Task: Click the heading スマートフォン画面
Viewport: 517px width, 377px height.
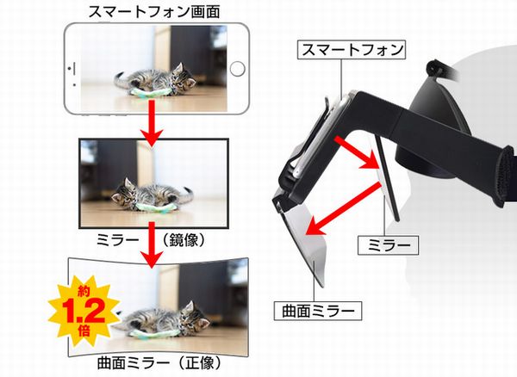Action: point(154,12)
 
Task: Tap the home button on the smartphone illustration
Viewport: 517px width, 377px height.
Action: point(237,69)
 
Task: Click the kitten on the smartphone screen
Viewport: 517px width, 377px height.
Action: point(155,81)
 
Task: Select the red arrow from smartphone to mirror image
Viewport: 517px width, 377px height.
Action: point(152,123)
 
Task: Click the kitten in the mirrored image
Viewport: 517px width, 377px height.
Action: point(153,195)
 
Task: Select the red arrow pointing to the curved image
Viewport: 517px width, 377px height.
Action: point(152,244)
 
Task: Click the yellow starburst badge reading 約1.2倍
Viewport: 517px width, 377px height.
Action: point(84,312)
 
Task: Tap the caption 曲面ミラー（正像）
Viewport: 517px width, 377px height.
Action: point(159,363)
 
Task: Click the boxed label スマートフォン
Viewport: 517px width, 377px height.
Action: point(352,50)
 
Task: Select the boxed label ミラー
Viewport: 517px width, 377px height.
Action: point(388,245)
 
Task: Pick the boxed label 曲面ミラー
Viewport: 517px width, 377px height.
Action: point(318,311)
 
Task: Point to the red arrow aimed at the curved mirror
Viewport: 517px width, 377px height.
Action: point(343,208)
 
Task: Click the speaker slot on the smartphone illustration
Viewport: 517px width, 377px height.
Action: point(76,71)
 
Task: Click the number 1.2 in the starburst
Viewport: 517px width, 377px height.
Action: point(83,312)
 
